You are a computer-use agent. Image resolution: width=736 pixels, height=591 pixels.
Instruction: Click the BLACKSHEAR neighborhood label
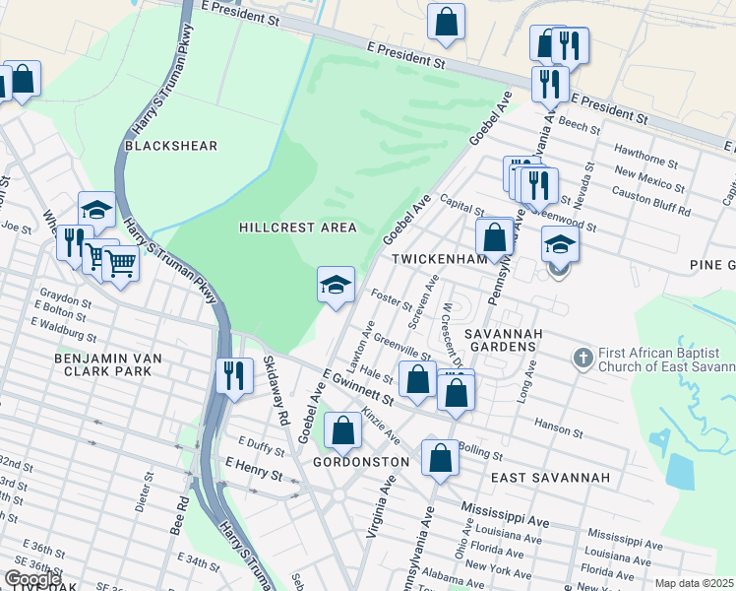[171, 146]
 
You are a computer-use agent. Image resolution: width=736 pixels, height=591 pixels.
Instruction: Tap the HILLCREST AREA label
[298, 228]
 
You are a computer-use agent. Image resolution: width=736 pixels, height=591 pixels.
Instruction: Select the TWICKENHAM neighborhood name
[440, 259]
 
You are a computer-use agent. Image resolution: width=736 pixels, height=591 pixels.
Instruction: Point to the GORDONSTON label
[360, 462]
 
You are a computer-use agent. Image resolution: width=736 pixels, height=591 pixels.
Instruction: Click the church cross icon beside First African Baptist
[583, 358]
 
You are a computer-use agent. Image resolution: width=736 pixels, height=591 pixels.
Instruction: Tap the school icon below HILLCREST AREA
[336, 285]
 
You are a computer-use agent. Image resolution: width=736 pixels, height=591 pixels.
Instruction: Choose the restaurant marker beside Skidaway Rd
[233, 375]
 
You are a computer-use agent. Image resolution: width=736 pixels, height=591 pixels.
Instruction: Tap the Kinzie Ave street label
[380, 425]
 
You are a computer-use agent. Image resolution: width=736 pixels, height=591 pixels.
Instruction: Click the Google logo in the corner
[32, 579]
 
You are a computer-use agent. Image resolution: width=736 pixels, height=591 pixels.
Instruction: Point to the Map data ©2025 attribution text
[694, 583]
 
